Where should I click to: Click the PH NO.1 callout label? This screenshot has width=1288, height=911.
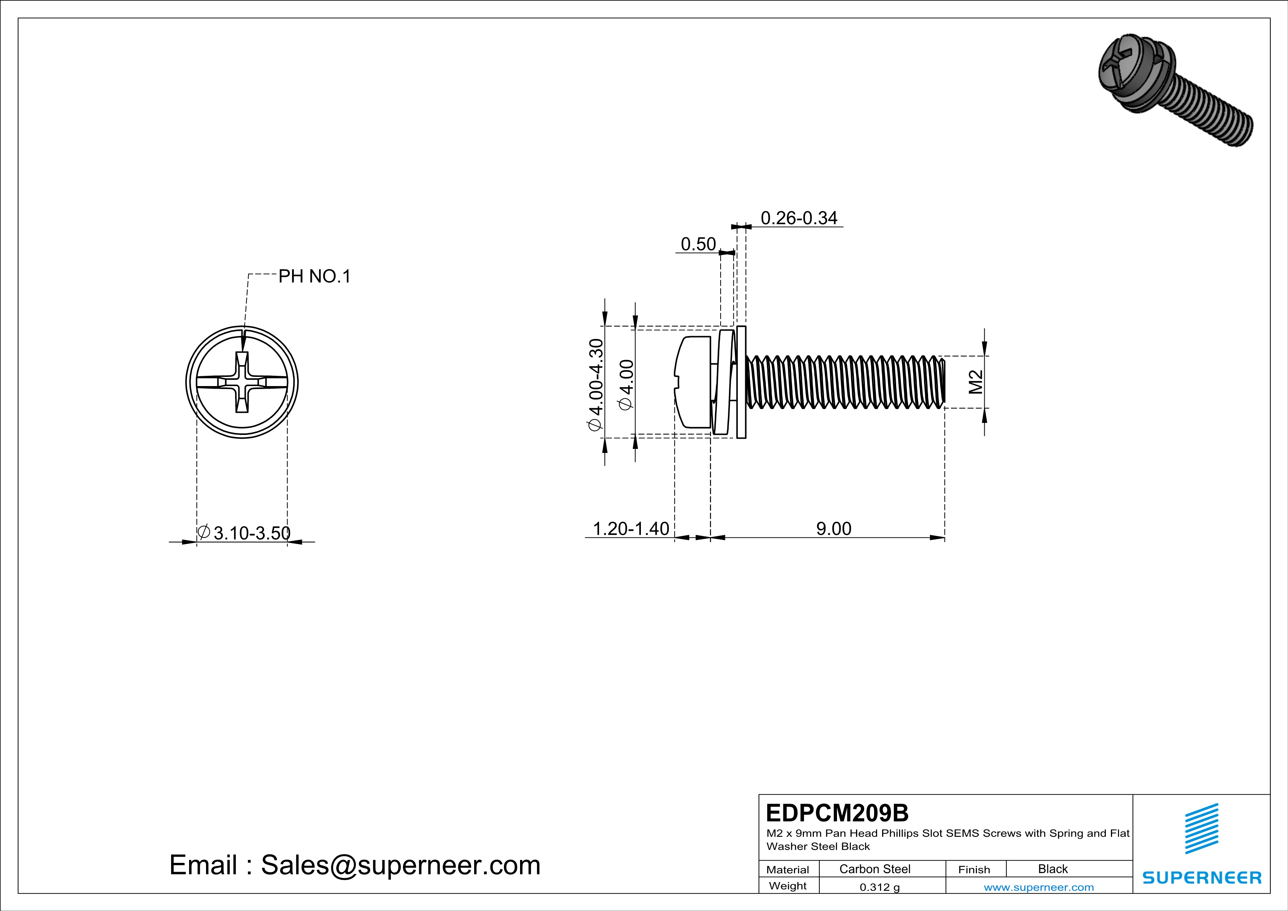(x=314, y=276)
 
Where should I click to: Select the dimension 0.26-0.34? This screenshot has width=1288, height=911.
(x=798, y=218)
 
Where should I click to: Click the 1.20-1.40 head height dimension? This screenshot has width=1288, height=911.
(x=631, y=529)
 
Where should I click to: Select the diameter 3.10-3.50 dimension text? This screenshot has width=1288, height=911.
(x=245, y=532)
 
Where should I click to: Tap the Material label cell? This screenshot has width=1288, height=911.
(x=788, y=869)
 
